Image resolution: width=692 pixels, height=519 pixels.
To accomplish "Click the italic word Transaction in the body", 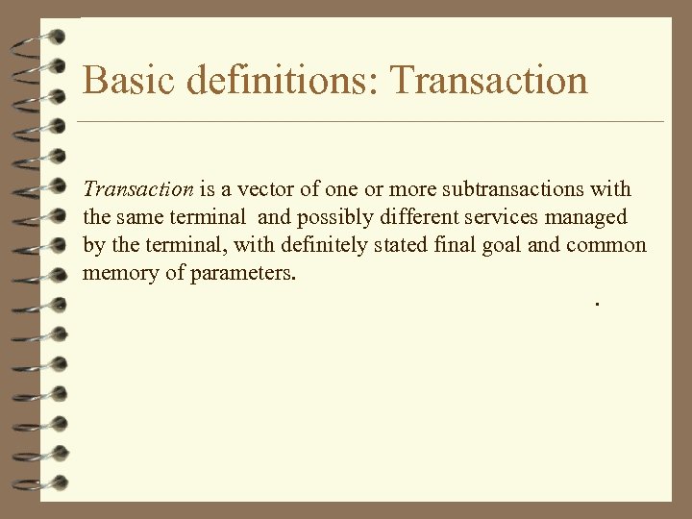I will (x=138, y=188).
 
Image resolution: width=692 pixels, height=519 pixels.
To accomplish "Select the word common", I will (x=606, y=245).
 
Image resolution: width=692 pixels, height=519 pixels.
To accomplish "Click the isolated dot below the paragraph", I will (x=597, y=304).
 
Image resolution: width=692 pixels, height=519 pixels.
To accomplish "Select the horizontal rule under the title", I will (x=370, y=122).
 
